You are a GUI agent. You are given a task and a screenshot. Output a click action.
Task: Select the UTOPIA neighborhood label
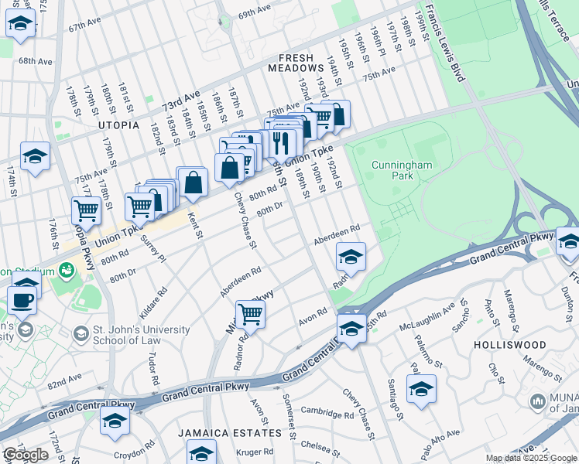click(118, 125)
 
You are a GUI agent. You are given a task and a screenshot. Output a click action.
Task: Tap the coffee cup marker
click(22, 300)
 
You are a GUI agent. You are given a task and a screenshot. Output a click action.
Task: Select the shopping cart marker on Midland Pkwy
click(250, 314)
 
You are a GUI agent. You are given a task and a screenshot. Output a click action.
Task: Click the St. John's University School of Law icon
click(81, 335)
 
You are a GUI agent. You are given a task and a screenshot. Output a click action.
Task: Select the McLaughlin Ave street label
click(429, 315)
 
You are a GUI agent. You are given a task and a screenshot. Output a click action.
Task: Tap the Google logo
click(26, 455)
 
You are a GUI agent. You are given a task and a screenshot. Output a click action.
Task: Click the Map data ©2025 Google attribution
click(530, 458)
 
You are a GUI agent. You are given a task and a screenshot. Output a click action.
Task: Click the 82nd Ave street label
click(64, 381)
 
